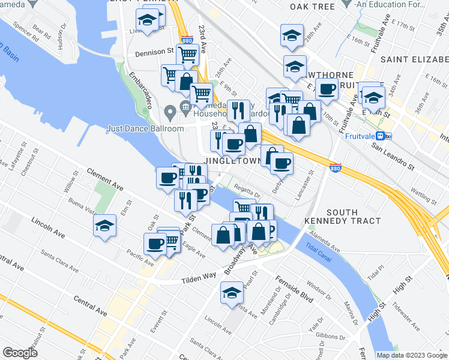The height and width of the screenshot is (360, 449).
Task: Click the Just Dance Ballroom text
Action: point(145,128)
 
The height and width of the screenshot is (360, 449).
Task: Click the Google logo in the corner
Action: point(20,353)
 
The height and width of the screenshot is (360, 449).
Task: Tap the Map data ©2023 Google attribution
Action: point(411,355)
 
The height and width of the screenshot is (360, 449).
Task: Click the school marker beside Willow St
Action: point(105,226)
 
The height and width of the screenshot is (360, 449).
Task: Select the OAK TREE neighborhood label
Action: point(312,7)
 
